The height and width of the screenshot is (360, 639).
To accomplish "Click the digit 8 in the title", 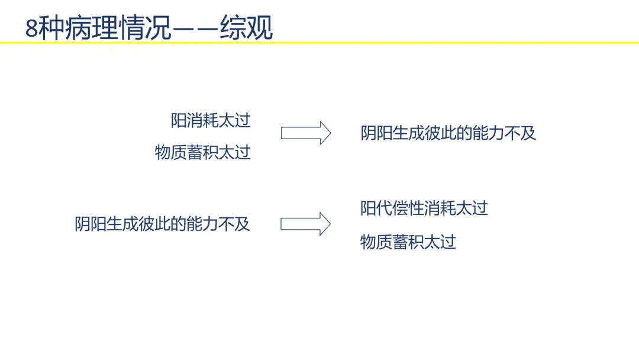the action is tap(31, 28).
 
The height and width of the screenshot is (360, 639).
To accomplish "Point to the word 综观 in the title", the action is tap(246, 28).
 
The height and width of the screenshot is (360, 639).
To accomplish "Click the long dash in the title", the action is tap(196, 29).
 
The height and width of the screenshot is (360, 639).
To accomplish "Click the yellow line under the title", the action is tap(319, 43).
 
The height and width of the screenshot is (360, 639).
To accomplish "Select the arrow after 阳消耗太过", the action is tap(306, 133).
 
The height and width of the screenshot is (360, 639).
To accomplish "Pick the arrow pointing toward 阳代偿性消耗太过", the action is tap(306, 224).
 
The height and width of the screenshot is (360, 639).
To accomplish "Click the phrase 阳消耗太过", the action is tap(211, 121).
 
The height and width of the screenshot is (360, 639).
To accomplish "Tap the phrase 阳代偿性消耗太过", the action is tap(424, 208).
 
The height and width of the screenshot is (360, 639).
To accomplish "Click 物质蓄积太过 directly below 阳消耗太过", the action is tap(202, 153).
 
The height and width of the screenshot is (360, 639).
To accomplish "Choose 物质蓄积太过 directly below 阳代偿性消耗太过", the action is tap(408, 242).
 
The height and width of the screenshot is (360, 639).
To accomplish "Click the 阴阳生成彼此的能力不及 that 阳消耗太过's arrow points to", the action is tap(448, 133).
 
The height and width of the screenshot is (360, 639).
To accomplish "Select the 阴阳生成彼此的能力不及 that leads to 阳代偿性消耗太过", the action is tap(162, 224).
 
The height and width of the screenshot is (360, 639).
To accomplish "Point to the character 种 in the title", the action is tap(51, 28).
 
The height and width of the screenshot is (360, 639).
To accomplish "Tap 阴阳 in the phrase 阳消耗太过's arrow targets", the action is tap(376, 133).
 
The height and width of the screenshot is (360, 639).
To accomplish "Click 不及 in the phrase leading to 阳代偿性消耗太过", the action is tap(234, 224).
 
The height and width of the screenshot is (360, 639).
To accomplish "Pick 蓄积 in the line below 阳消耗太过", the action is tap(202, 153).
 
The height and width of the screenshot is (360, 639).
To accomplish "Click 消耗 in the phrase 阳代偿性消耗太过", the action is tap(440, 208).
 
